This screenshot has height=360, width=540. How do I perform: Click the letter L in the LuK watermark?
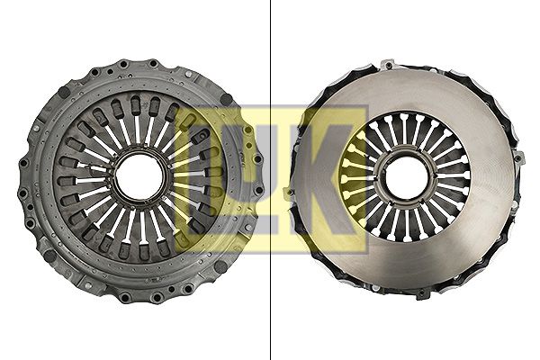point(208,179)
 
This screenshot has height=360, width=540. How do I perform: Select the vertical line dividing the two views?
point(270,180)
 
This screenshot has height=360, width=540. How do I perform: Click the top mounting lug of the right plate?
point(389,65)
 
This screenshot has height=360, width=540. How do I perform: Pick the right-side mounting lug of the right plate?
point(521,158)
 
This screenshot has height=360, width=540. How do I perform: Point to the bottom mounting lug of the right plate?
point(421,294)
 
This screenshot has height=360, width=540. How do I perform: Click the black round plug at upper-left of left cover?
point(64,92)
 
